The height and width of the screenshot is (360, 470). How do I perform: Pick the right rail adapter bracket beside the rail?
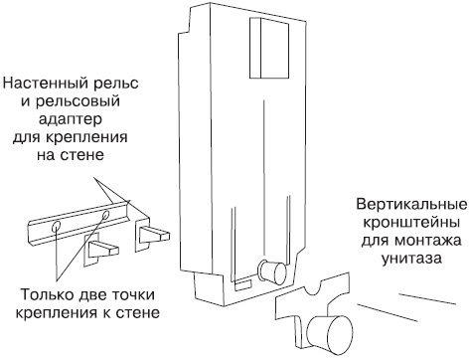(154, 235)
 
